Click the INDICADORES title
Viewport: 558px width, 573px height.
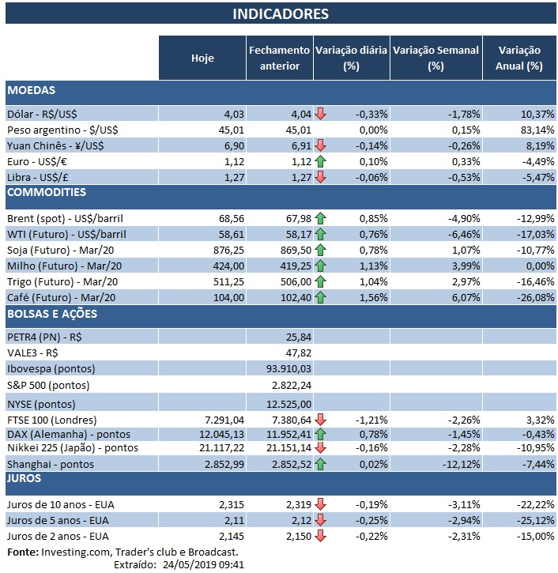coord(281,14)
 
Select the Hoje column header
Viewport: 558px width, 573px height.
coord(202,58)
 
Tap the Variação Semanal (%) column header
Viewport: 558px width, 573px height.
coord(435,58)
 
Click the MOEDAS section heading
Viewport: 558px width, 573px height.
coord(31,91)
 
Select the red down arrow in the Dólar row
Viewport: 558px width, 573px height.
coord(320,114)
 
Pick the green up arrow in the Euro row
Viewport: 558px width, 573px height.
coord(320,161)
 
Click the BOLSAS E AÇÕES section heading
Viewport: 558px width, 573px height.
coord(52,314)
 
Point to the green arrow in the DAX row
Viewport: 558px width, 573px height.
coord(320,434)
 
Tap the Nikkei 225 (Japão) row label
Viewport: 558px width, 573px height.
coord(72,448)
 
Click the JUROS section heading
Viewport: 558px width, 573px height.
coord(27,478)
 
